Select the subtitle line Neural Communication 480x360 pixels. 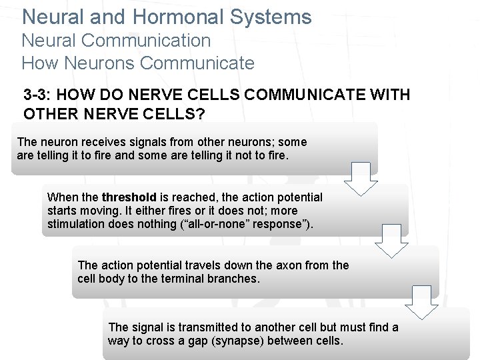click(116, 40)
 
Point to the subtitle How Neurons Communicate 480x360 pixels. click(138, 63)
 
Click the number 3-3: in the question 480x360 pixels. click(39, 95)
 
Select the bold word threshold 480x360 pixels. click(129, 197)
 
